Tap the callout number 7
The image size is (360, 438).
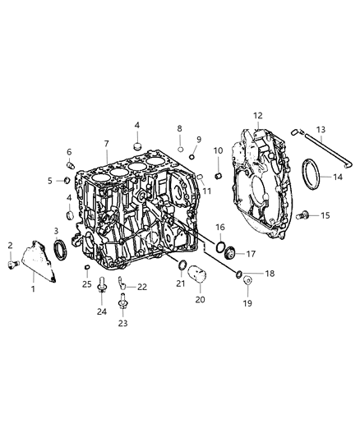tap(106, 145)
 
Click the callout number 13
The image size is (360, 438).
tap(321, 129)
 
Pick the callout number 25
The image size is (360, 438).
tap(87, 284)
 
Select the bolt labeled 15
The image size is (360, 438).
tap(303, 215)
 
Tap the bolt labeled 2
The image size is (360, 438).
tap(15, 264)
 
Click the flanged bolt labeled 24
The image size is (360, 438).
tap(102, 286)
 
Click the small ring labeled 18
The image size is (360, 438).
tap(239, 274)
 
